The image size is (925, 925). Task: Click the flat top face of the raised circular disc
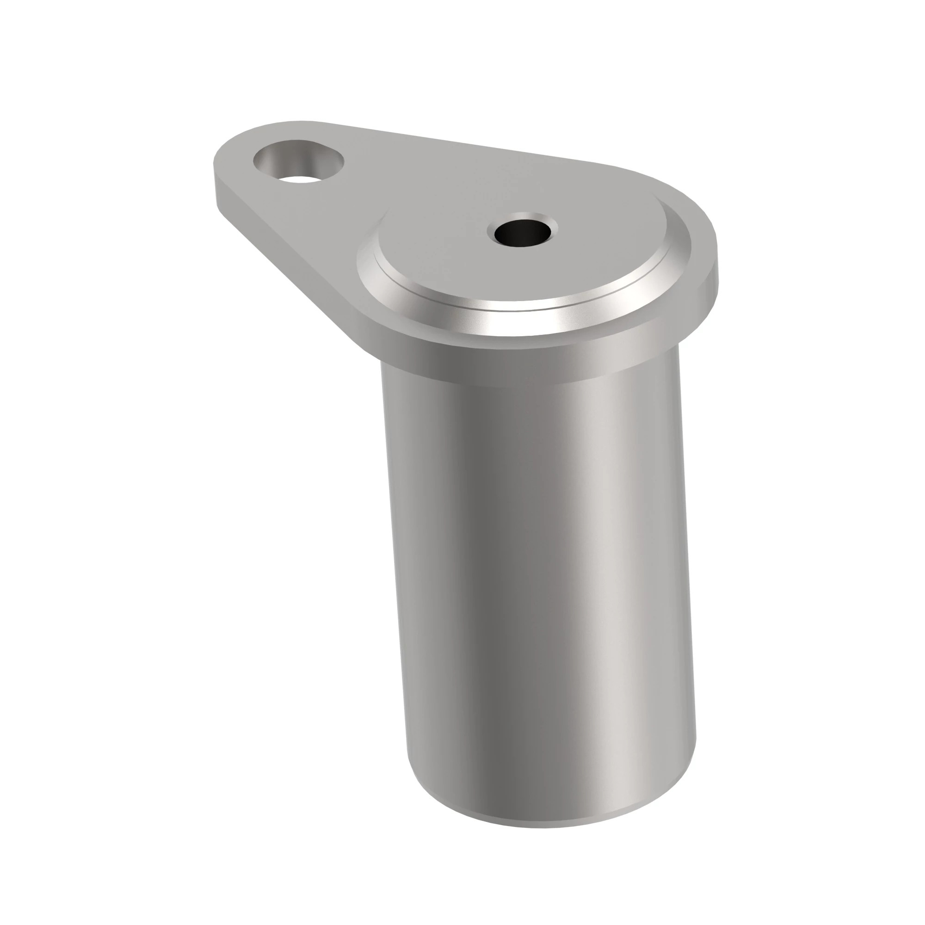[x=479, y=268]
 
